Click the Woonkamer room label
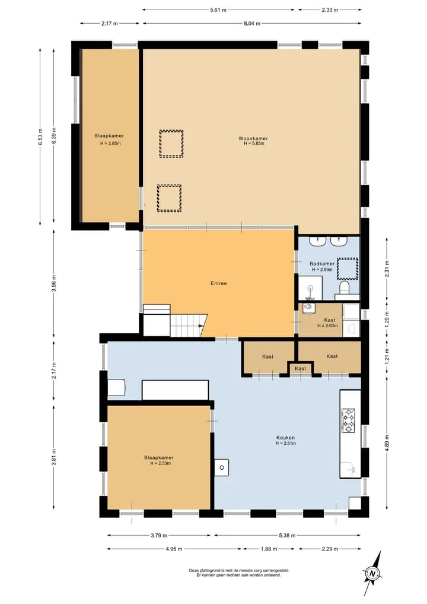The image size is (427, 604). [253, 138]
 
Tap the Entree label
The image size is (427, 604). [218, 283]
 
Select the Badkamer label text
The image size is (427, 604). [322, 264]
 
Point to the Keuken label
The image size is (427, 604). [285, 438]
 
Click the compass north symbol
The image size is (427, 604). [372, 573]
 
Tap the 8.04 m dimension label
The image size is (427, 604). [252, 24]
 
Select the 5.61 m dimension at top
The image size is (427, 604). [218, 10]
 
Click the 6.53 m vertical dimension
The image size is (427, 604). [40, 137]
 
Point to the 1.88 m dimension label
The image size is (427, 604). [269, 549]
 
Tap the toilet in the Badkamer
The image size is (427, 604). [345, 287]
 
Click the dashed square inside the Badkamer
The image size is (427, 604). [348, 268]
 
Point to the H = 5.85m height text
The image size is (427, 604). [254, 143]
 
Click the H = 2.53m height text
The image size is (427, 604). [160, 463]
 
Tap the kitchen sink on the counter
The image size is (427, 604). [350, 469]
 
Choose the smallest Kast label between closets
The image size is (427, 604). [301, 369]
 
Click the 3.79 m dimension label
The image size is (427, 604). [159, 536]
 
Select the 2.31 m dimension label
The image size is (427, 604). [387, 269]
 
